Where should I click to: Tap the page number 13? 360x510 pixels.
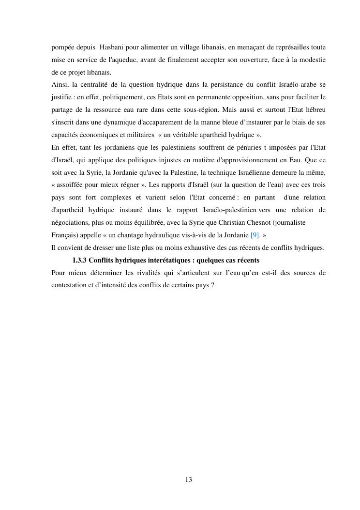(x=188, y=479)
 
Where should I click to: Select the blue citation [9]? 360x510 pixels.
(x=255, y=235)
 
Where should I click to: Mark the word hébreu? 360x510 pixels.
(x=314, y=110)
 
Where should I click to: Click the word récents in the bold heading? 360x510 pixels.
(x=247, y=260)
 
